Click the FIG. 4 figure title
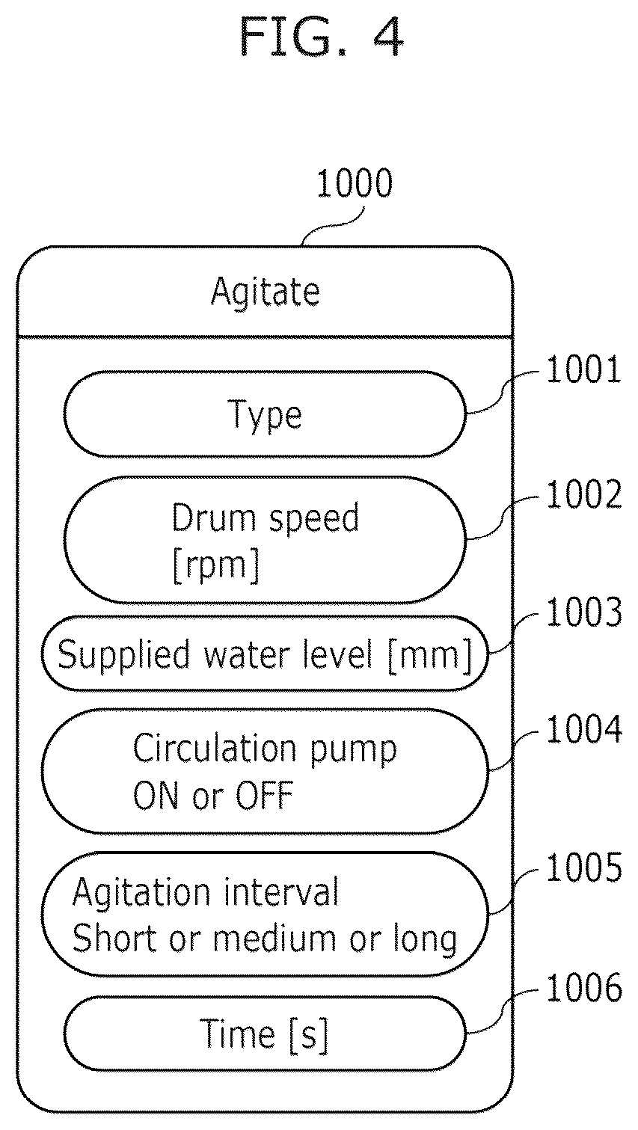tap(322, 37)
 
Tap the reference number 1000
tap(354, 183)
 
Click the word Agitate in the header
tap(266, 292)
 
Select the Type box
tap(266, 414)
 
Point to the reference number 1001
tap(583, 369)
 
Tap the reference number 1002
tap(584, 495)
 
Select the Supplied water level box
tap(266, 654)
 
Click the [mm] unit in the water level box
tap(430, 655)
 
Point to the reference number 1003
tap(584, 613)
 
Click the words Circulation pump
tap(265, 749)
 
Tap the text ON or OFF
tap(213, 796)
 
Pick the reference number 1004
tap(584, 730)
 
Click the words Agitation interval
tap(205, 892)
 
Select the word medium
tap(274, 939)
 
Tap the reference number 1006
tap(584, 988)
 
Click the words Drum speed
tap(266, 518)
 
